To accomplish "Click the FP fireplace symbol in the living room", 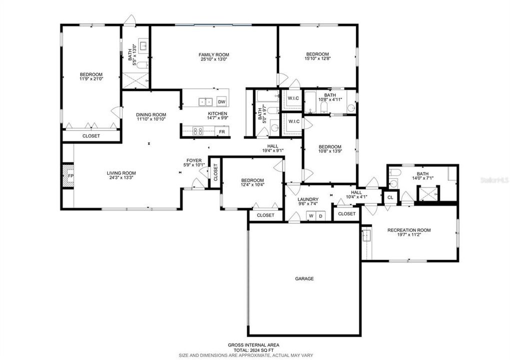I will coord(70,176).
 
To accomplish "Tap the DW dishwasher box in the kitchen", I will coord(221,102).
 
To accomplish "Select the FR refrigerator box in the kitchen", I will coord(222,131).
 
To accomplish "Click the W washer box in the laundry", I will coord(311,216).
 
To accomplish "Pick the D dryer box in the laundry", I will coord(320,216).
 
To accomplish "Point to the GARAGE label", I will coord(304,278).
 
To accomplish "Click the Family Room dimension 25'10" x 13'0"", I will coord(214,60).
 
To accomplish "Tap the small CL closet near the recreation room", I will coord(390,197).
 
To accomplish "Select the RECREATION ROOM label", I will coord(409,230).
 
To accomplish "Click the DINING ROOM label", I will coord(151,114).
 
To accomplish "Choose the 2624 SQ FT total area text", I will coord(253,350).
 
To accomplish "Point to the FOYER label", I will coord(194,160).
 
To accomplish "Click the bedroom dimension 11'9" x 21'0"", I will coord(91,79).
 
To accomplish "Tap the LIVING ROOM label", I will coord(121,173).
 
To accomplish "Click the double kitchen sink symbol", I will coord(205,102).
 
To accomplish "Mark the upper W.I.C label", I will coord(293,98).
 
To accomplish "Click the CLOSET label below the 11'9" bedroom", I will coord(91,136).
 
